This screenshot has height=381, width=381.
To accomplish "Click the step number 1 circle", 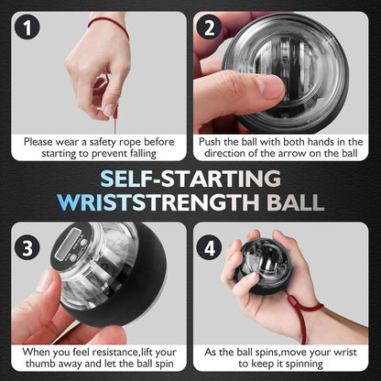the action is (x=27, y=27).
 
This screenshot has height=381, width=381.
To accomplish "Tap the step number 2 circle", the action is (x=210, y=27).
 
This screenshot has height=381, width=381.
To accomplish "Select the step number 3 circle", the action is (x=27, y=247).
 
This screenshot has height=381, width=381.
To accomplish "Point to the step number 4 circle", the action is (x=210, y=247).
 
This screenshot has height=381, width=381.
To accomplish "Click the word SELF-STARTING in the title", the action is (x=190, y=179).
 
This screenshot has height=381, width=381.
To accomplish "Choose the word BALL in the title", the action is (x=295, y=202).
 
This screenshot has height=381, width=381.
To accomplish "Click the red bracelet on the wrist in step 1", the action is (x=109, y=26).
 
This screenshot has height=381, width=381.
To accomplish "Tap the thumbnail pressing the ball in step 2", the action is (x=269, y=86).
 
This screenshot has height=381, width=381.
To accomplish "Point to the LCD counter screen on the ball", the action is (x=68, y=245).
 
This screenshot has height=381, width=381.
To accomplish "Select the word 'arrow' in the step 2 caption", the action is (x=291, y=153).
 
